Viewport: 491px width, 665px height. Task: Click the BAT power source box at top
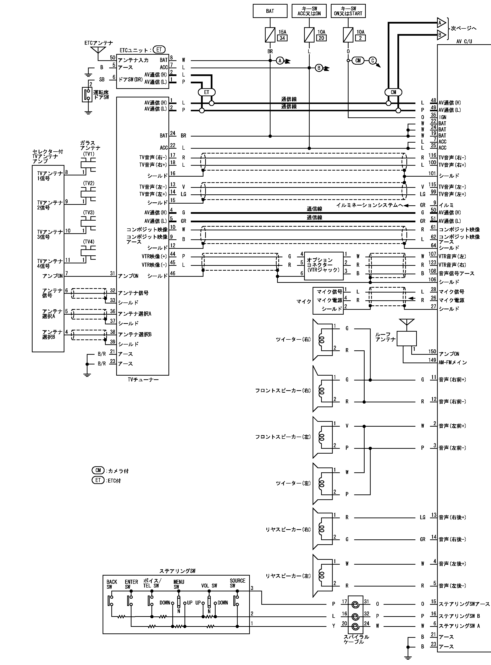tap(270, 11)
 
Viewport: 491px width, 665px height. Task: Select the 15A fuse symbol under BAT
tap(270, 35)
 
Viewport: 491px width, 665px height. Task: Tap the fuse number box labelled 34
tap(282, 38)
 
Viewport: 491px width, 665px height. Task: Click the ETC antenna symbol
tap(97, 50)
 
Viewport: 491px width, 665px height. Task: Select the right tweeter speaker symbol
tap(323, 339)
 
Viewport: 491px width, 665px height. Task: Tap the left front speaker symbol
tap(323, 437)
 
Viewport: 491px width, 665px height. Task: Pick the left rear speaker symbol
tap(323, 576)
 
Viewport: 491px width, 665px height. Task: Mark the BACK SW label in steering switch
tap(112, 584)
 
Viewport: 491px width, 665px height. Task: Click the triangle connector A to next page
tap(441, 23)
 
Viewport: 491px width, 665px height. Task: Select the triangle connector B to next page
tap(441, 35)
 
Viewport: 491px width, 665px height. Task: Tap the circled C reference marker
tap(373, 60)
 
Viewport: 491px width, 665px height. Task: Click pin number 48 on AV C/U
tap(433, 100)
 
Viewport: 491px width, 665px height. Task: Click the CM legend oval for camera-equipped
tap(98, 470)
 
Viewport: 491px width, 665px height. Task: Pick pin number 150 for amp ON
tap(432, 352)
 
